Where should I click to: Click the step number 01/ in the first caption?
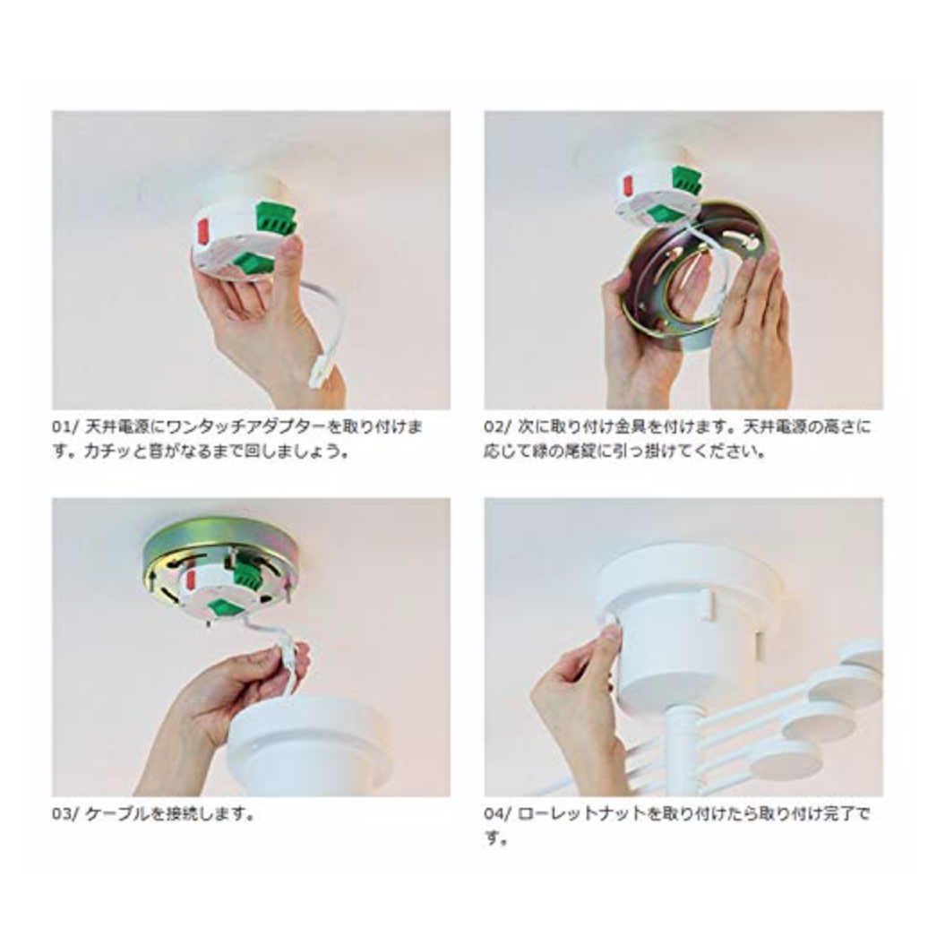pyautogui.click(x=64, y=426)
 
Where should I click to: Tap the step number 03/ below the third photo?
pyautogui.click(x=64, y=813)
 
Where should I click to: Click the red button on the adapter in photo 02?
pyautogui.click(x=627, y=185)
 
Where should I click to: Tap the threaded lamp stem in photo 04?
pyautogui.click(x=682, y=752)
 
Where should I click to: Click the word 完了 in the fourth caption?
pyautogui.click(x=840, y=813)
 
